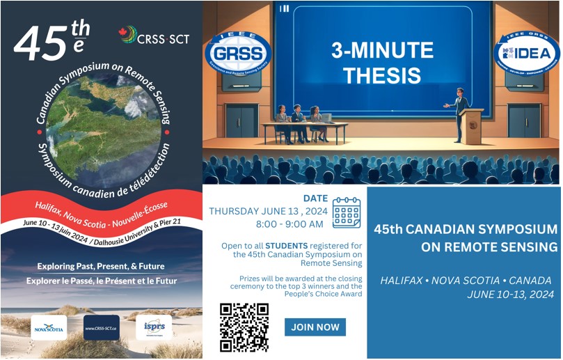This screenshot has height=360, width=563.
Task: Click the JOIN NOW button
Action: pyautogui.click(x=315, y=327)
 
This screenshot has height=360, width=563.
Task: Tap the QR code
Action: pyautogui.click(x=244, y=327)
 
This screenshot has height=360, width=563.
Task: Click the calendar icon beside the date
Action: pyautogui.click(x=347, y=212)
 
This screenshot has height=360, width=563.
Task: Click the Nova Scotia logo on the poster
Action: pyautogui.click(x=49, y=327)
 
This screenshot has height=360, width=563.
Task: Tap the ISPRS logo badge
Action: pyautogui.click(x=154, y=327)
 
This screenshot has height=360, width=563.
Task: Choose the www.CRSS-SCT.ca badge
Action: pyautogui.click(x=102, y=327)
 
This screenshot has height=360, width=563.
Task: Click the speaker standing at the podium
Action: pyautogui.click(x=459, y=111)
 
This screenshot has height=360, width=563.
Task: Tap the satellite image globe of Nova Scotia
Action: pyautogui.click(x=102, y=118)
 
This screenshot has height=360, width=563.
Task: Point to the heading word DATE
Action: pyautogui.click(x=315, y=198)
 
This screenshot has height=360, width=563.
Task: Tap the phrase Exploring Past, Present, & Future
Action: pyautogui.click(x=102, y=266)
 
